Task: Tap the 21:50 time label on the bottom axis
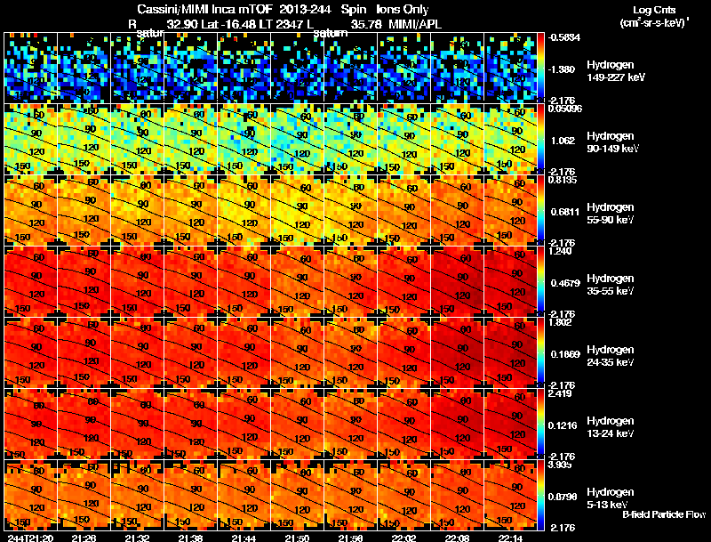click(299, 538)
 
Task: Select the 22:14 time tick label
click(511, 538)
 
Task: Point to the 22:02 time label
click(405, 538)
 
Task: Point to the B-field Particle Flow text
click(664, 514)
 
